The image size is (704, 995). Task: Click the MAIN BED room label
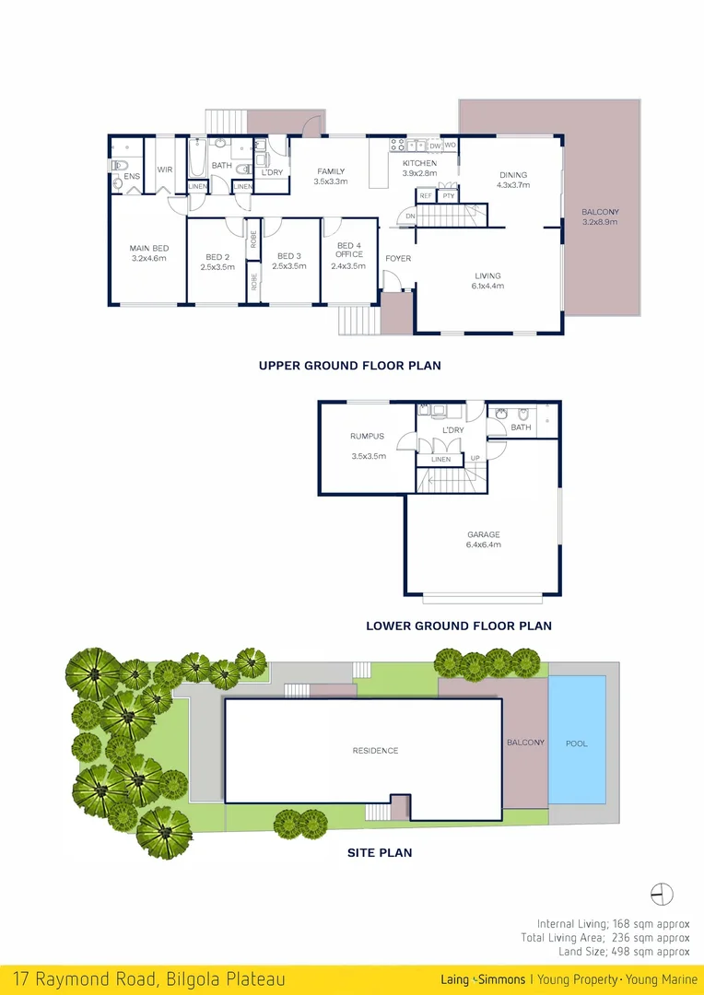coord(148,248)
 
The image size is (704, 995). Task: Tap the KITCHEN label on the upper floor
coord(419,163)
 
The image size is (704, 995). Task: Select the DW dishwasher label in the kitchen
coord(435,146)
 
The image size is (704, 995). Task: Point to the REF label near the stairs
coord(426,196)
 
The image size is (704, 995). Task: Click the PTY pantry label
coord(448,196)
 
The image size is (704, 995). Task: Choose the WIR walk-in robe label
coord(165,170)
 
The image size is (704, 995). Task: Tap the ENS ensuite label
coord(132,175)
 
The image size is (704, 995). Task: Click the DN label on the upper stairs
coord(410,217)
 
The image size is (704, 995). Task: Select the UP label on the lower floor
coord(475,459)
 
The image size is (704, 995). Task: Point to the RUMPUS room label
coord(367,437)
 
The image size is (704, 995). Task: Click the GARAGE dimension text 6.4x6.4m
coord(483,544)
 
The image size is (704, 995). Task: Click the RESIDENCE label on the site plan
coord(376,751)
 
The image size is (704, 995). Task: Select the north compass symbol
coord(662,894)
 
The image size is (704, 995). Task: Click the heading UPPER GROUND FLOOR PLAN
coord(349,366)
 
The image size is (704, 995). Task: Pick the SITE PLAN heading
coord(380,852)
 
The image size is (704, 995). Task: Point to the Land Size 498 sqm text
coord(624,952)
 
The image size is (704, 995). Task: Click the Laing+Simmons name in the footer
coord(483,979)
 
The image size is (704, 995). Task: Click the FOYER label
coord(398,259)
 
